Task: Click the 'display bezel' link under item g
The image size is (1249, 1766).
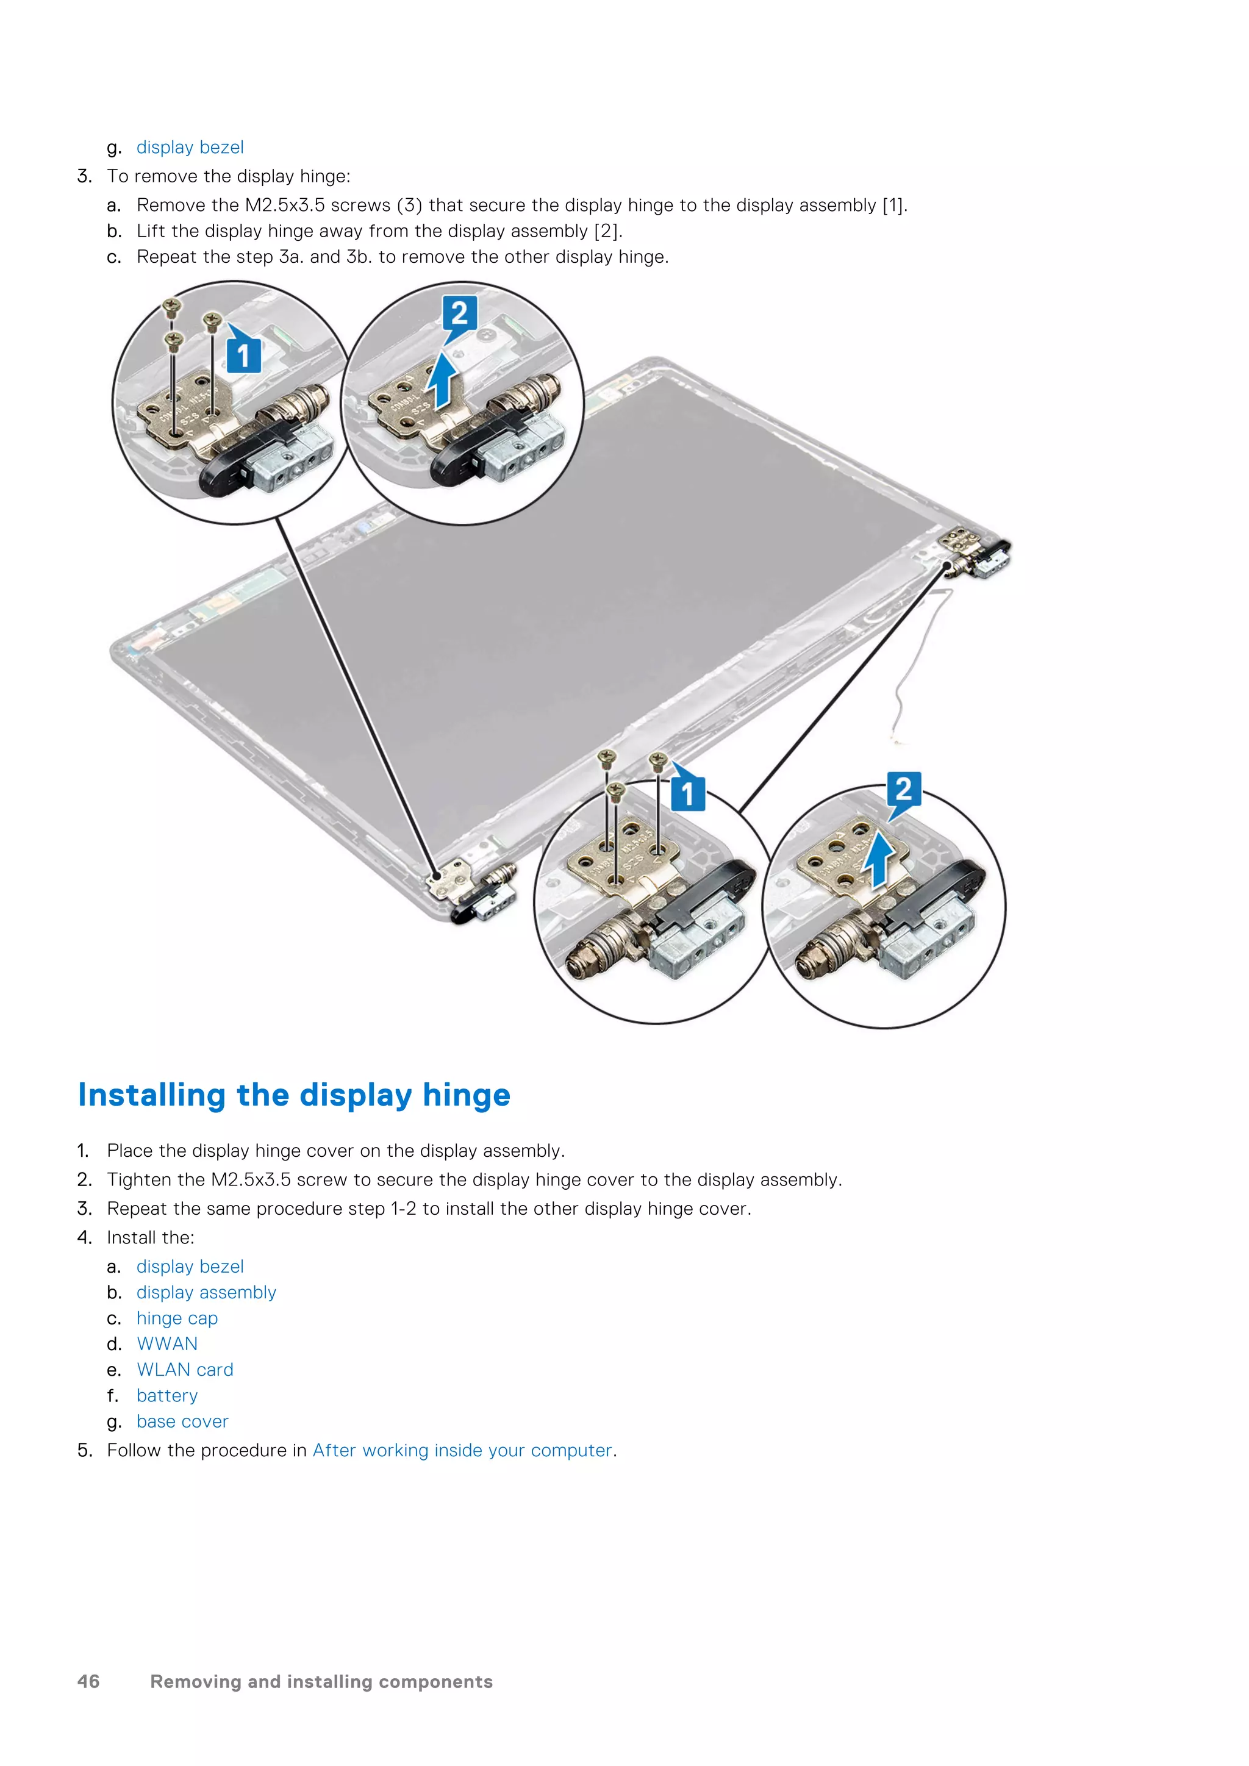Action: pos(189,147)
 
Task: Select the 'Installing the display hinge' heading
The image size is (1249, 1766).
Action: pos(294,1095)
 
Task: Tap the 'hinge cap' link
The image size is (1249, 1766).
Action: pos(177,1318)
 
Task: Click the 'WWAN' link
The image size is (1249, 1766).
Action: pos(167,1344)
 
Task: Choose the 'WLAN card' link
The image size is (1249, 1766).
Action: pos(185,1370)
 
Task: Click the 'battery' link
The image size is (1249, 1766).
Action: pos(167,1396)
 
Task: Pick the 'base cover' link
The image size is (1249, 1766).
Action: pos(182,1421)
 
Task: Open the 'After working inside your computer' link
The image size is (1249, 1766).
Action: pos(462,1451)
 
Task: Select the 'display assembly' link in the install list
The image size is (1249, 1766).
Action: pos(206,1292)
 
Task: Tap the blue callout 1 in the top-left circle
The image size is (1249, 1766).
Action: pos(243,356)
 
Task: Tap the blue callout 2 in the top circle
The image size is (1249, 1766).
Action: pos(459,314)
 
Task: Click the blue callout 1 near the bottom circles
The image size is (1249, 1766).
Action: pos(687,792)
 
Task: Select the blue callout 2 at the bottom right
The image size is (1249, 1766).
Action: pos(904,790)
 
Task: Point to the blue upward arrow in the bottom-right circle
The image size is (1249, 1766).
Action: pos(878,860)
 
